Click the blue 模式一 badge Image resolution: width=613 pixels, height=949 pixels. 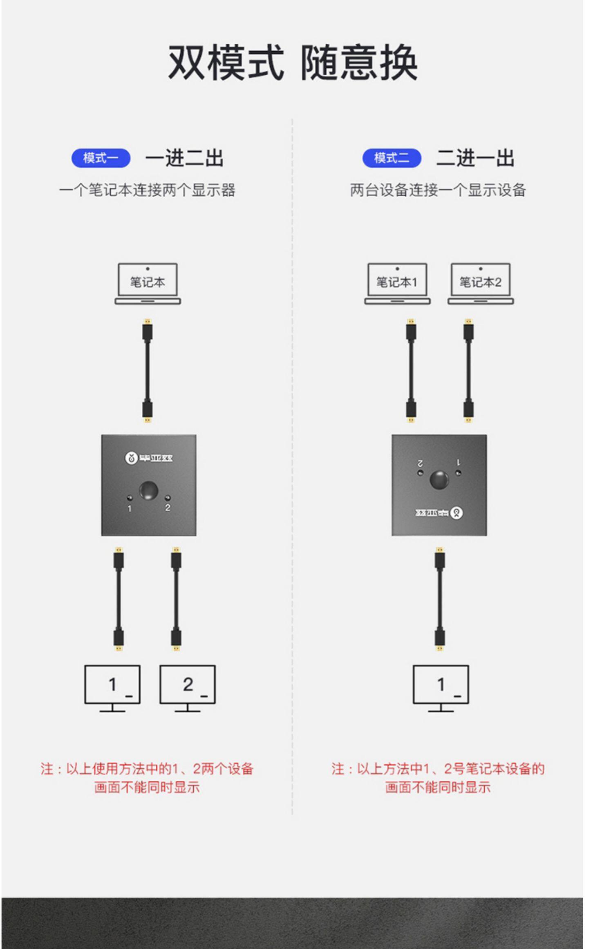101,158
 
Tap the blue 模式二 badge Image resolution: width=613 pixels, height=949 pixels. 392,158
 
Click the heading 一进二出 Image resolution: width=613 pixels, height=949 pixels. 184,158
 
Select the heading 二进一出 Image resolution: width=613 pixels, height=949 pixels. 475,158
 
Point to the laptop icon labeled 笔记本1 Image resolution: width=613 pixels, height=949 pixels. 397,283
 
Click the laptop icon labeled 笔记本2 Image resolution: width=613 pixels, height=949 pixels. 481,283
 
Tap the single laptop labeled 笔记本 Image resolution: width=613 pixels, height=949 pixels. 148,283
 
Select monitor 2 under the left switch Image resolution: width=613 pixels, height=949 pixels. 188,688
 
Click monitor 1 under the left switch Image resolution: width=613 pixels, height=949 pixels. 112,688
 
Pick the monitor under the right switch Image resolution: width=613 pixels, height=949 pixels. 441,688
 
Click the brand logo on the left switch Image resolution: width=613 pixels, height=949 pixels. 149,458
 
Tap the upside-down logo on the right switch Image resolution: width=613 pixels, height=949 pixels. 440,513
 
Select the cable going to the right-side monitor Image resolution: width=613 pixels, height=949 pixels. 440,599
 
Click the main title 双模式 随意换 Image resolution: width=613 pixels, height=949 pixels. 293,63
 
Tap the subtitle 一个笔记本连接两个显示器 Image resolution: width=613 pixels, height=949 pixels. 147,190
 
